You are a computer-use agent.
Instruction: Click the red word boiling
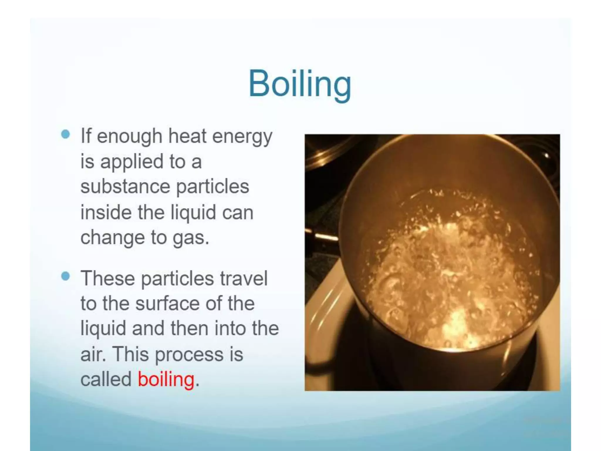[166, 379]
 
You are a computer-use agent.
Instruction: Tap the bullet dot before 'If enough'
[66, 134]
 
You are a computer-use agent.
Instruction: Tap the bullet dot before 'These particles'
[66, 276]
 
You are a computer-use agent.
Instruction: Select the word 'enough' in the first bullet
[129, 137]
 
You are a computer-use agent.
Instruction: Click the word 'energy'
[242, 137]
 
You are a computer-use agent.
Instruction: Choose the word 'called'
[106, 379]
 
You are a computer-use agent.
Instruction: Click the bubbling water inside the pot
[449, 273]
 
